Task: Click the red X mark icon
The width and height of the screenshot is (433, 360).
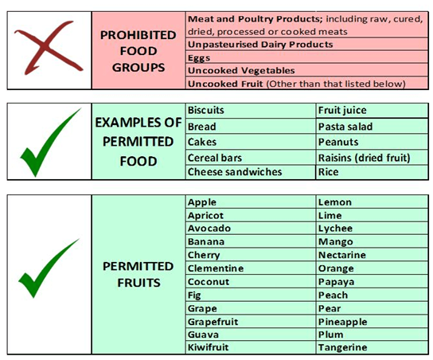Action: click(x=48, y=49)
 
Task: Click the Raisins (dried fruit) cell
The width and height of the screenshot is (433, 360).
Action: click(x=363, y=158)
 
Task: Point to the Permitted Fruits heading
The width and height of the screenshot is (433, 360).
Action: click(x=138, y=273)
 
